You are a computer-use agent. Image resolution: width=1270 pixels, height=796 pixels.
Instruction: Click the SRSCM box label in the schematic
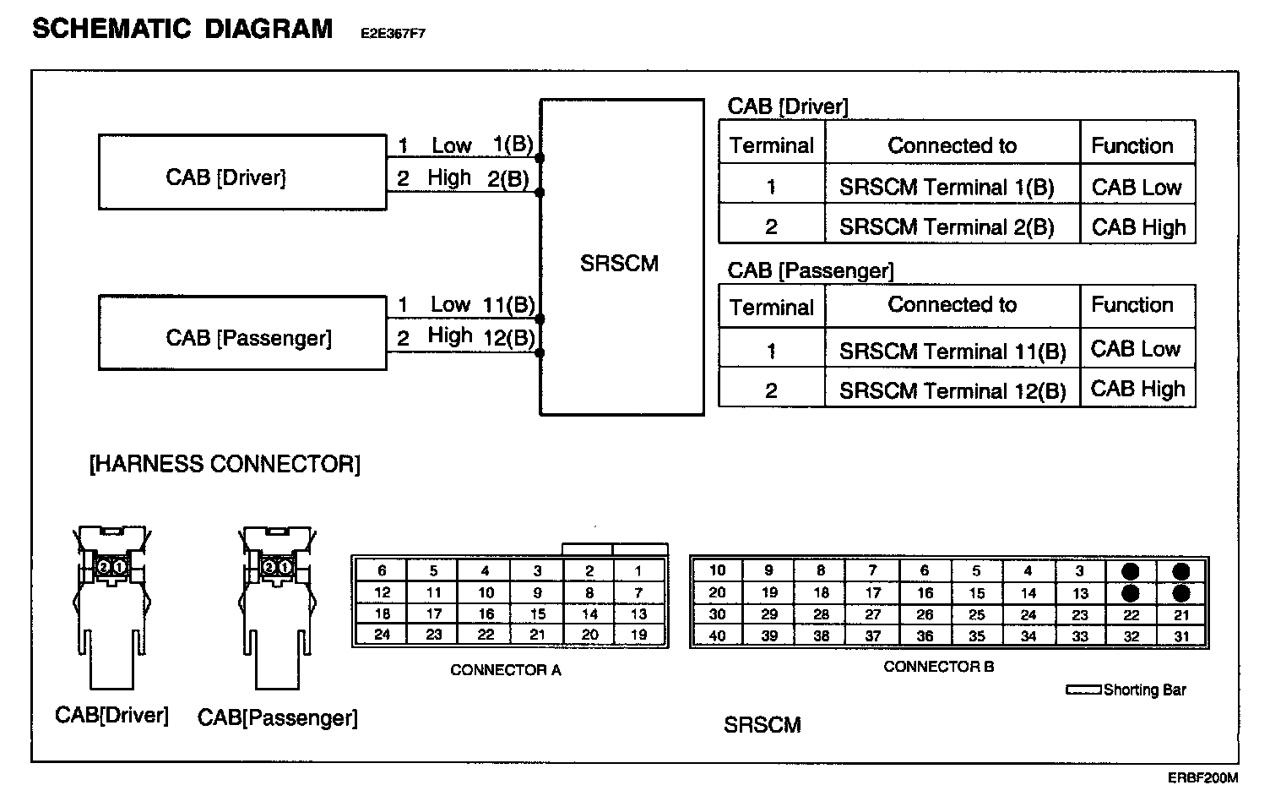619,264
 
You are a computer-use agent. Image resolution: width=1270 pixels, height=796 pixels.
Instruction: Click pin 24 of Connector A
382,635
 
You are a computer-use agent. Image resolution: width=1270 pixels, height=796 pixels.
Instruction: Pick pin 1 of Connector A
638,571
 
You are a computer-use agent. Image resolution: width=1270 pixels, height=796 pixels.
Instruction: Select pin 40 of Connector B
717,636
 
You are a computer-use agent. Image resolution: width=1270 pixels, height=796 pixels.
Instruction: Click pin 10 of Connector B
717,570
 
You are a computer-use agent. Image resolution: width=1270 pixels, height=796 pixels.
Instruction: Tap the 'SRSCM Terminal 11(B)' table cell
952,351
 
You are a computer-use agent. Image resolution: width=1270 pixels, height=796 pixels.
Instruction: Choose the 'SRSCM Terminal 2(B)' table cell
946,227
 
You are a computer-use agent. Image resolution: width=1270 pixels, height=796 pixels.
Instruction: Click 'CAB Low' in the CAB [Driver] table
1136,188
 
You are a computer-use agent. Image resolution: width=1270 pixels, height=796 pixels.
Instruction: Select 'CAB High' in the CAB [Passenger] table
1137,390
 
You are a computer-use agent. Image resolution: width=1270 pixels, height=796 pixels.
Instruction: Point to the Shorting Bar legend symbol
1083,690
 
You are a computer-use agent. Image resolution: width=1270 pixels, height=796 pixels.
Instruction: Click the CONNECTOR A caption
505,670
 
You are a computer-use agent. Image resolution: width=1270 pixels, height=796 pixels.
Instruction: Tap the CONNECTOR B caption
938,667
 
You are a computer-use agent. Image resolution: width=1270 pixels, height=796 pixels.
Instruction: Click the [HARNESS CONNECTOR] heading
225,464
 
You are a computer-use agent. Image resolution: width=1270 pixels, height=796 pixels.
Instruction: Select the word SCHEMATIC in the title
111,29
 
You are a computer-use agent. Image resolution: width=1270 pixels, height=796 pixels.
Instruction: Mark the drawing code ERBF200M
1202,777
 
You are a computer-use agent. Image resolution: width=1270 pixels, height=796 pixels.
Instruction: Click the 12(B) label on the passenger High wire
508,338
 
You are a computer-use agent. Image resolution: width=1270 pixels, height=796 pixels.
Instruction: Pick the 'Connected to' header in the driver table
952,145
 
